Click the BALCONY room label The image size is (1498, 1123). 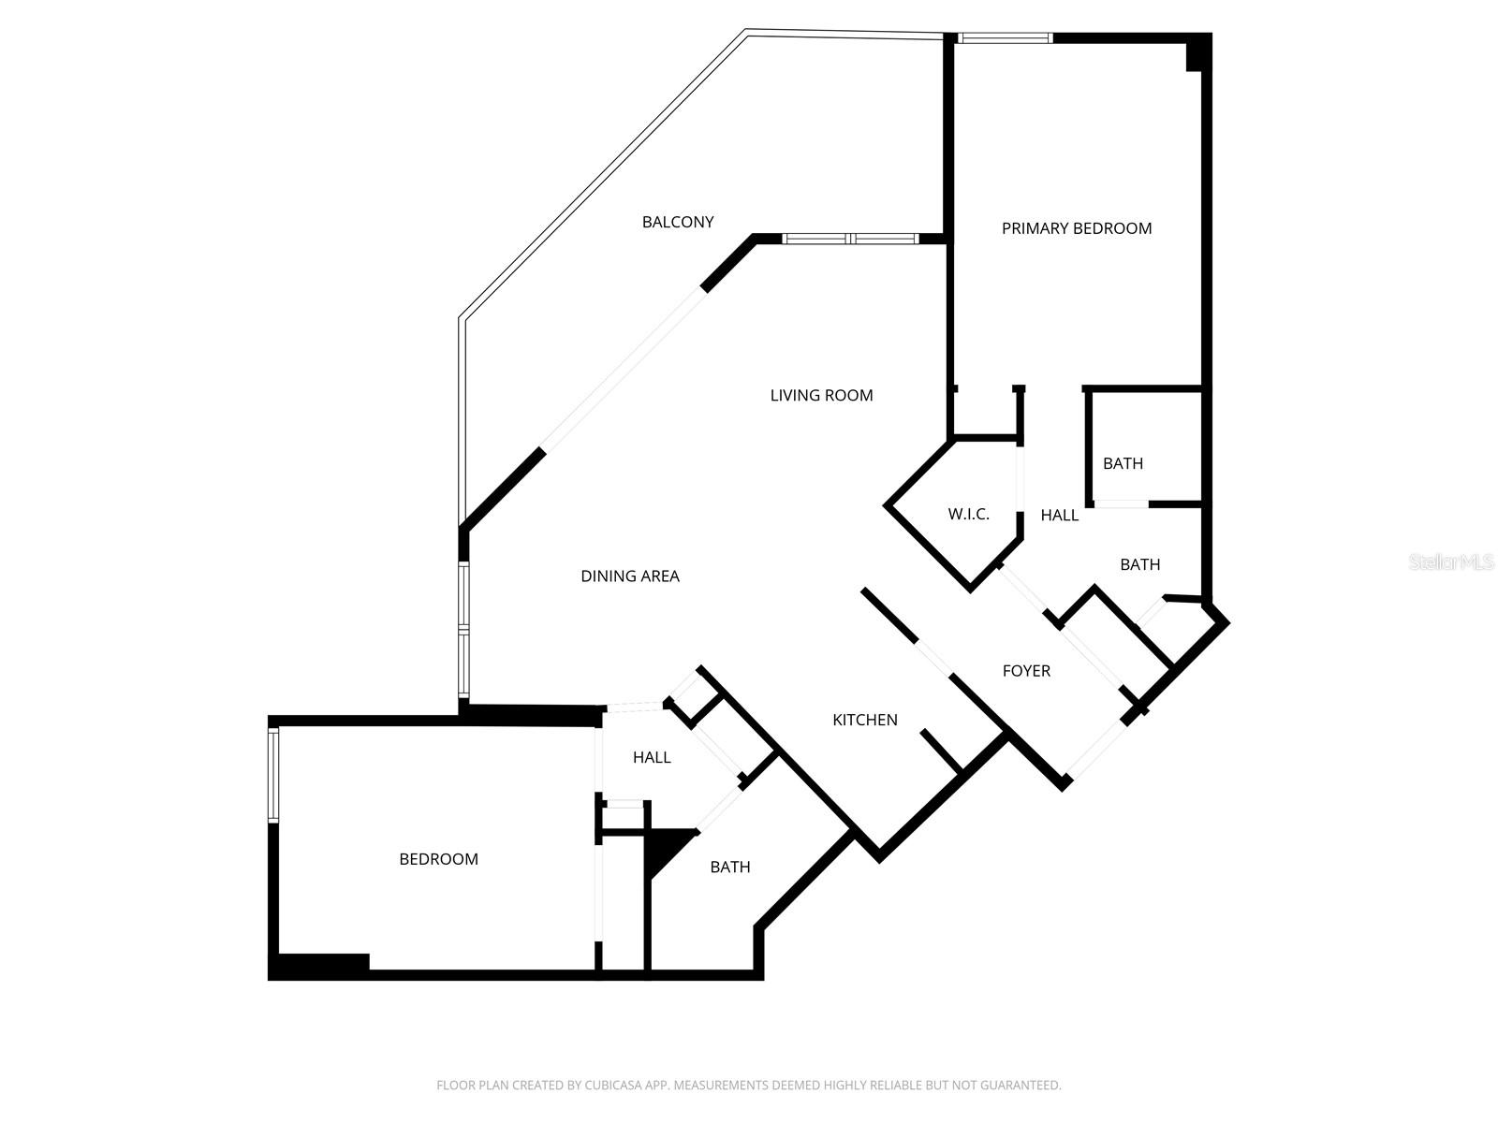[x=678, y=222]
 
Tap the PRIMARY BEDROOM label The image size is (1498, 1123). [x=1077, y=228]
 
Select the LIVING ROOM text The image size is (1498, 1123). [x=821, y=395]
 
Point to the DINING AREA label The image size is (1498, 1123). [x=630, y=576]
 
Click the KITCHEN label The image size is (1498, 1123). [x=865, y=720]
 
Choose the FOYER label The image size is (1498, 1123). [x=1026, y=671]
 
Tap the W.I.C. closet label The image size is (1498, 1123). [x=968, y=514]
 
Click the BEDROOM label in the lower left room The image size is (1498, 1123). [x=438, y=859]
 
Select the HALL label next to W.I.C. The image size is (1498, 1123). [x=1060, y=515]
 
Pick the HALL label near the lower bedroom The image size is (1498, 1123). [x=652, y=757]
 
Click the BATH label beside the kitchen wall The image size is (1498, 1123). [x=730, y=868]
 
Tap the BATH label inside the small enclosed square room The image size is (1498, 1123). [x=1123, y=463]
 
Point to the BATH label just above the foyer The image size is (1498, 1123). [x=1139, y=564]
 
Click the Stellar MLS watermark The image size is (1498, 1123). [x=1451, y=562]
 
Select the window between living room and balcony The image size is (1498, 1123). [x=850, y=239]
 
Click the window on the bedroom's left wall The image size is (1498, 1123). [x=273, y=775]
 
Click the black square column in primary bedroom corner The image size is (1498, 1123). [x=1197, y=53]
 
